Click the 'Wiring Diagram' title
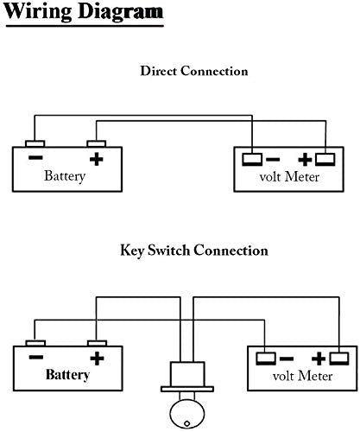point(84,12)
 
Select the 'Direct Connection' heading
point(194,71)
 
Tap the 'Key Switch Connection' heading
point(194,250)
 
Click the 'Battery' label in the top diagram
point(65,175)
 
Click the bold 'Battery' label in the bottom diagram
point(67,375)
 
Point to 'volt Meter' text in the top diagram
point(289,176)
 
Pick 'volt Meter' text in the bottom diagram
point(302,376)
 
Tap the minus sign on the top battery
point(35,157)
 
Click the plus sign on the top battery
point(97,159)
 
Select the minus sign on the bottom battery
point(36,357)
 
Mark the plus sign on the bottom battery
point(97,359)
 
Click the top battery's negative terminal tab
point(35,143)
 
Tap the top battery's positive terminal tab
point(97,143)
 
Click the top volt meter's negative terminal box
point(252,160)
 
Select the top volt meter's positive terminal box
point(325,160)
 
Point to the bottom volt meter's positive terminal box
point(339,359)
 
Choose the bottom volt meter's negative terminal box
point(266,359)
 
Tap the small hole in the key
point(187,423)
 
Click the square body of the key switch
point(187,374)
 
